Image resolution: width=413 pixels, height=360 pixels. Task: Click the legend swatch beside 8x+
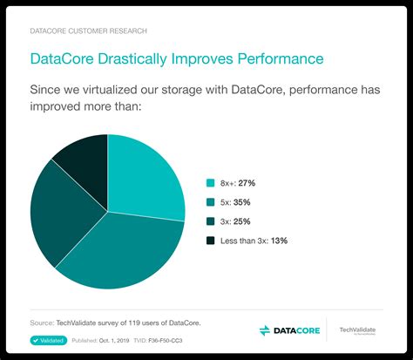210,183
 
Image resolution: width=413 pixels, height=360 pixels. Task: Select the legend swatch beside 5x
210,202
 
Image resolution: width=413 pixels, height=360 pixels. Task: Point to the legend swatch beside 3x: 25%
210,221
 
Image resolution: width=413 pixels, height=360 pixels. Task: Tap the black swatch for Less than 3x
210,241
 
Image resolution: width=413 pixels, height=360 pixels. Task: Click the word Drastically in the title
135,58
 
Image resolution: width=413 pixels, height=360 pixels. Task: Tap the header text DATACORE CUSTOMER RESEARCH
88,31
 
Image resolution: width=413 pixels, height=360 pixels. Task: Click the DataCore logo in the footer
289,330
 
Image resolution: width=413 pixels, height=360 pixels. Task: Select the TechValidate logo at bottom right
359,330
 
